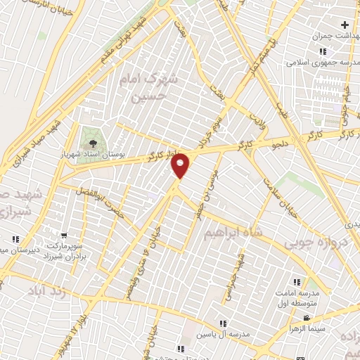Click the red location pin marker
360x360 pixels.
point(181,165)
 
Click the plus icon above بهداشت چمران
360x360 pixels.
point(345,25)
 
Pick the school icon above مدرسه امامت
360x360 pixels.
point(305,282)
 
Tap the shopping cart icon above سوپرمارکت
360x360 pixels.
point(64,236)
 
